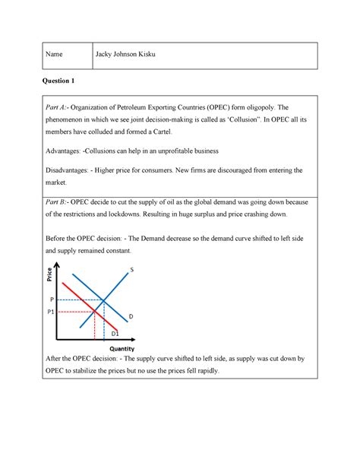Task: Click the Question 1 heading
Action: (57, 80)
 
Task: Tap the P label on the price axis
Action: (52, 300)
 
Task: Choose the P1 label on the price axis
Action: (51, 312)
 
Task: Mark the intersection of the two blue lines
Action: (104, 300)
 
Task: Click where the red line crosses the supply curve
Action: (94, 312)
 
